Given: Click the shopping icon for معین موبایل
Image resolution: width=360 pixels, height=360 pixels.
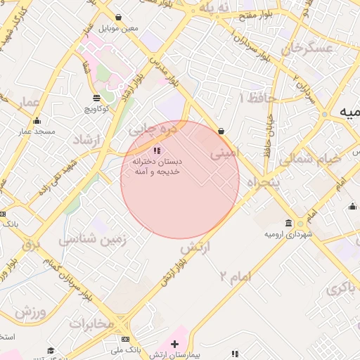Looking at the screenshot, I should tap(117, 17).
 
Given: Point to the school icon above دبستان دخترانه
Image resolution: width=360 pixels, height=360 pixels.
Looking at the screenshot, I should tap(157, 150).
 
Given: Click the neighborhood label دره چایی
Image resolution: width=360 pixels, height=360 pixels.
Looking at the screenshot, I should tap(148, 129).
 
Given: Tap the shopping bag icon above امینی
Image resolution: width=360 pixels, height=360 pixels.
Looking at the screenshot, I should tap(221, 131).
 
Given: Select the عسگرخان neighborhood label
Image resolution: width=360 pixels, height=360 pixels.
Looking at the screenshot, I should tap(306, 49).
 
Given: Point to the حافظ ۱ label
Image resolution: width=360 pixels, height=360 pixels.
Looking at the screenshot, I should tap(251, 97).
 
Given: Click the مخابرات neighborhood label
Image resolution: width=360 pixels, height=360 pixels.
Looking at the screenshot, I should tap(91, 323).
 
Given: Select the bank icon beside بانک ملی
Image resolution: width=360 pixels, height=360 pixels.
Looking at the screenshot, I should tap(125, 339).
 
